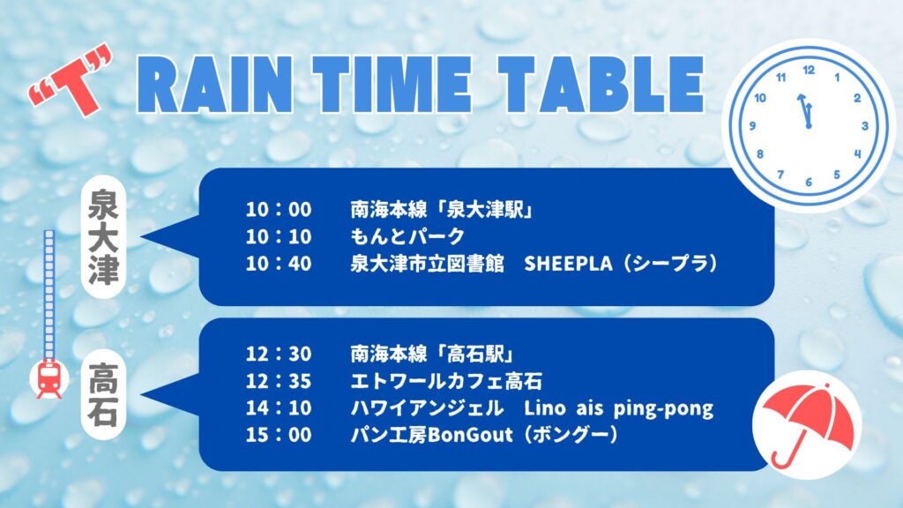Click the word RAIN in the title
[x=214, y=84]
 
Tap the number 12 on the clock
[x=809, y=71]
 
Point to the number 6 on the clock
[x=809, y=182]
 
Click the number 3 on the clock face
[x=864, y=126]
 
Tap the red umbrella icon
[x=807, y=425]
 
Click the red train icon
[x=49, y=378]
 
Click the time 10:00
[x=279, y=209]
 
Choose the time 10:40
[x=279, y=263]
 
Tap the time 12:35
[x=279, y=381]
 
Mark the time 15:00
[x=279, y=434]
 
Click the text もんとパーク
[x=407, y=236]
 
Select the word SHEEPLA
[x=568, y=263]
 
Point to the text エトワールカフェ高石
[x=446, y=381]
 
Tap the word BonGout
[x=470, y=434]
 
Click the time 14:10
[x=279, y=407]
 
